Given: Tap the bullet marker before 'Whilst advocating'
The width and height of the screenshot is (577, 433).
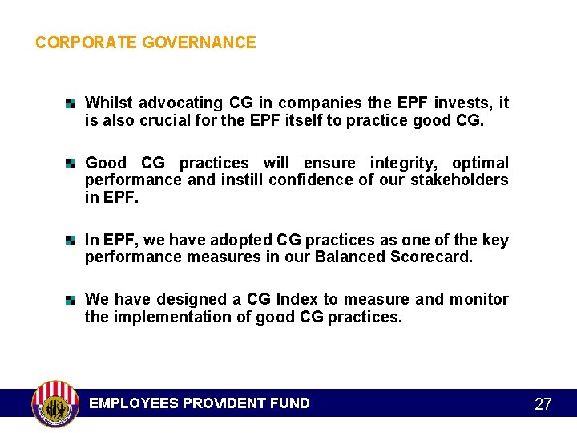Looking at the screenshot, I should tap(71, 103).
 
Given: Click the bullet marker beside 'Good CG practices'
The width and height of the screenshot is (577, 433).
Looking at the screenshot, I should tap(71, 164).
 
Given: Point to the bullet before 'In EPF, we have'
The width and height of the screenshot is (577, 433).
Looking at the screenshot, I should tap(71, 240).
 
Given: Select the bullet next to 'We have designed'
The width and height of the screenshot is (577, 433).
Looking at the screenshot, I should tap(71, 300).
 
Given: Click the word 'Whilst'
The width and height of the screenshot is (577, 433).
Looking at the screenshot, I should tap(109, 103).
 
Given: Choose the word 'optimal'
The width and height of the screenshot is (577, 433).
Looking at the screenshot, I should tap(480, 164).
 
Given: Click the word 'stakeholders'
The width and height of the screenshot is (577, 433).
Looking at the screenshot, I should tap(461, 180).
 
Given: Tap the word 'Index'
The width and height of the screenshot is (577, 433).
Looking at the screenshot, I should tap(297, 300).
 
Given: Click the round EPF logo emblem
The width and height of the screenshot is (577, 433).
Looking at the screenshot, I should tap(54, 403).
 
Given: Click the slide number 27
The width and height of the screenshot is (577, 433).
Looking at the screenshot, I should tap(543, 404).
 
